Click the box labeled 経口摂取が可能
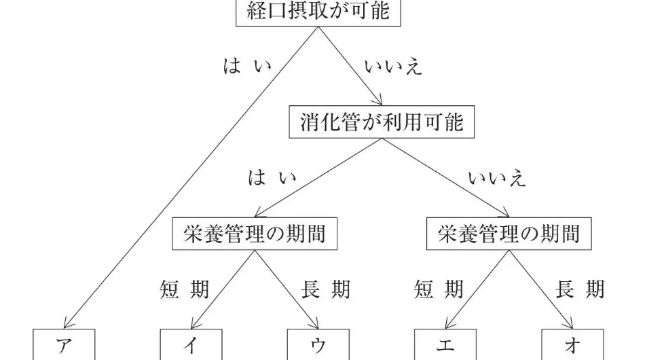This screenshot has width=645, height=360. click(x=318, y=13)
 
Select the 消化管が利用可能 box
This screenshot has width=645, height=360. click(x=382, y=122)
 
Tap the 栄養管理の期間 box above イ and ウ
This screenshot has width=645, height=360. click(x=255, y=234)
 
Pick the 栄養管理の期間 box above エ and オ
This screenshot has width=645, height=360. click(x=509, y=234)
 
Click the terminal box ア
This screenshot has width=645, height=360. click(x=64, y=344)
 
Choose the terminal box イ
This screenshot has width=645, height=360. click(x=191, y=344)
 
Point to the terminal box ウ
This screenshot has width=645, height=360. click(x=318, y=344)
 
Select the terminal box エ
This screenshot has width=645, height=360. click(x=445, y=344)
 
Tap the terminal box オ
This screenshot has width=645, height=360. click(x=572, y=344)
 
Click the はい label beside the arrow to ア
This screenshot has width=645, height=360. click(x=247, y=66)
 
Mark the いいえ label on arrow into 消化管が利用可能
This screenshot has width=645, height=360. click(x=393, y=67)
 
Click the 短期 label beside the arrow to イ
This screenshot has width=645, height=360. click(x=184, y=289)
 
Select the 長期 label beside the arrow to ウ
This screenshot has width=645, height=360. click(x=325, y=289)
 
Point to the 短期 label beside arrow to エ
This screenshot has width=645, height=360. click(x=439, y=289)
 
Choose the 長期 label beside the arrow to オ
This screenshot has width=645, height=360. click(x=580, y=289)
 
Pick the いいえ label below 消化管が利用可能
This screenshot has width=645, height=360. click(x=497, y=178)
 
